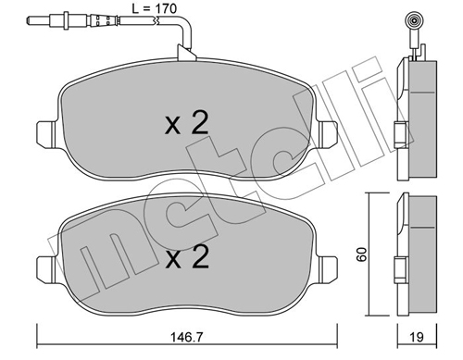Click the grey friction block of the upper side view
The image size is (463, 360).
point(423,120)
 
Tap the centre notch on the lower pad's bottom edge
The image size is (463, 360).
point(185,314)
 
